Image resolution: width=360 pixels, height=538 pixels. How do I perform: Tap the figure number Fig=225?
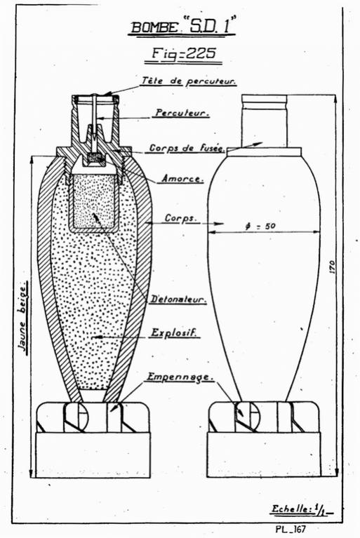point(184,54)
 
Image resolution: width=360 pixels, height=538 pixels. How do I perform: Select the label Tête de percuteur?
point(188,81)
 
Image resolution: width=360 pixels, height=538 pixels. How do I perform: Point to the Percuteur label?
point(182,113)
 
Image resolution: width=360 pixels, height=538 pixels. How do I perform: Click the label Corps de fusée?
point(187,148)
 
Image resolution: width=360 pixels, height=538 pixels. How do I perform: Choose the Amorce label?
point(182,179)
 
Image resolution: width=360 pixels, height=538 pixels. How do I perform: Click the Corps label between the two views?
point(180,218)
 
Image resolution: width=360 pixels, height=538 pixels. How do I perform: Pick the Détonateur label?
point(178,300)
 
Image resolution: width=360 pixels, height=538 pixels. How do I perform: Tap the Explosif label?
point(175,332)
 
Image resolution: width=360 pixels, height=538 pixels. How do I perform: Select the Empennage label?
point(180,377)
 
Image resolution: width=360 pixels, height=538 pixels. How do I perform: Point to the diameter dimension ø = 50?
point(260,227)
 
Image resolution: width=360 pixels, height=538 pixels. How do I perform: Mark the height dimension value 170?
point(332,267)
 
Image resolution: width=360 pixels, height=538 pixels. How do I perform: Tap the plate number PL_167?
point(291,529)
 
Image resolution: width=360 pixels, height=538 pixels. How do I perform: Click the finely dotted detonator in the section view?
point(94,203)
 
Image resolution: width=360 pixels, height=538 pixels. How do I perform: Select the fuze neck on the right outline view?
point(264,121)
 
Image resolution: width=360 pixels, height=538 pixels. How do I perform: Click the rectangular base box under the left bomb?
point(93,455)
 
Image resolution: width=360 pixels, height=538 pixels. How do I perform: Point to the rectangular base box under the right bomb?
point(264,455)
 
